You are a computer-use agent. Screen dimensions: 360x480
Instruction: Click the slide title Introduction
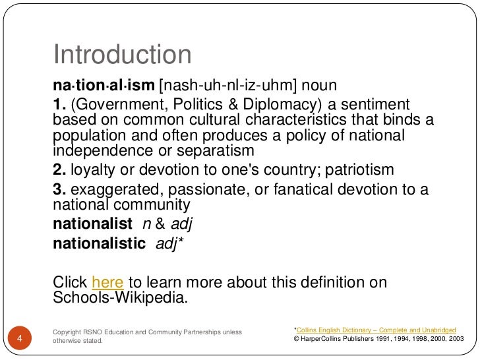(122, 55)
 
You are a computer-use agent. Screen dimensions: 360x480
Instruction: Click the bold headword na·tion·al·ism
(103, 86)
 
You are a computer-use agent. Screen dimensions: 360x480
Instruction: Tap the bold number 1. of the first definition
(59, 104)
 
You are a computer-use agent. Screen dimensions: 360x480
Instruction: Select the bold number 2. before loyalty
(59, 170)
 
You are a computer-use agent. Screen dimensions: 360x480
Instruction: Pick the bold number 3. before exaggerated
(59, 190)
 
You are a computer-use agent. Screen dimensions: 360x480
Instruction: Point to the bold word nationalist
(92, 224)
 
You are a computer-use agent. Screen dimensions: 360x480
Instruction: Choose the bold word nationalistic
(99, 244)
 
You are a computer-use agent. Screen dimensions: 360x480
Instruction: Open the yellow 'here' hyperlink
(107, 283)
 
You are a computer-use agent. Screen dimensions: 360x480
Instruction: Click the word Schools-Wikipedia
(119, 297)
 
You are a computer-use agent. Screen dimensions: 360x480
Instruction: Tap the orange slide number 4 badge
(20, 339)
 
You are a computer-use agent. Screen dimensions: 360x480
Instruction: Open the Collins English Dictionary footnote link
(376, 328)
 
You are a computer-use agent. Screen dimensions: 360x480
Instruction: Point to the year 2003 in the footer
(454, 339)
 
